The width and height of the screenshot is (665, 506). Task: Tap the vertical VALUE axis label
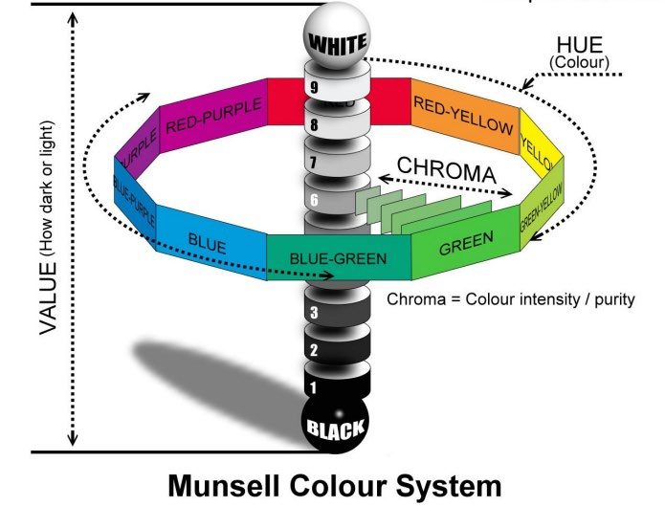tap(49, 227)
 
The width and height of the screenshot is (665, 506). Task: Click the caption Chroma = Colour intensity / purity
tap(510, 298)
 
